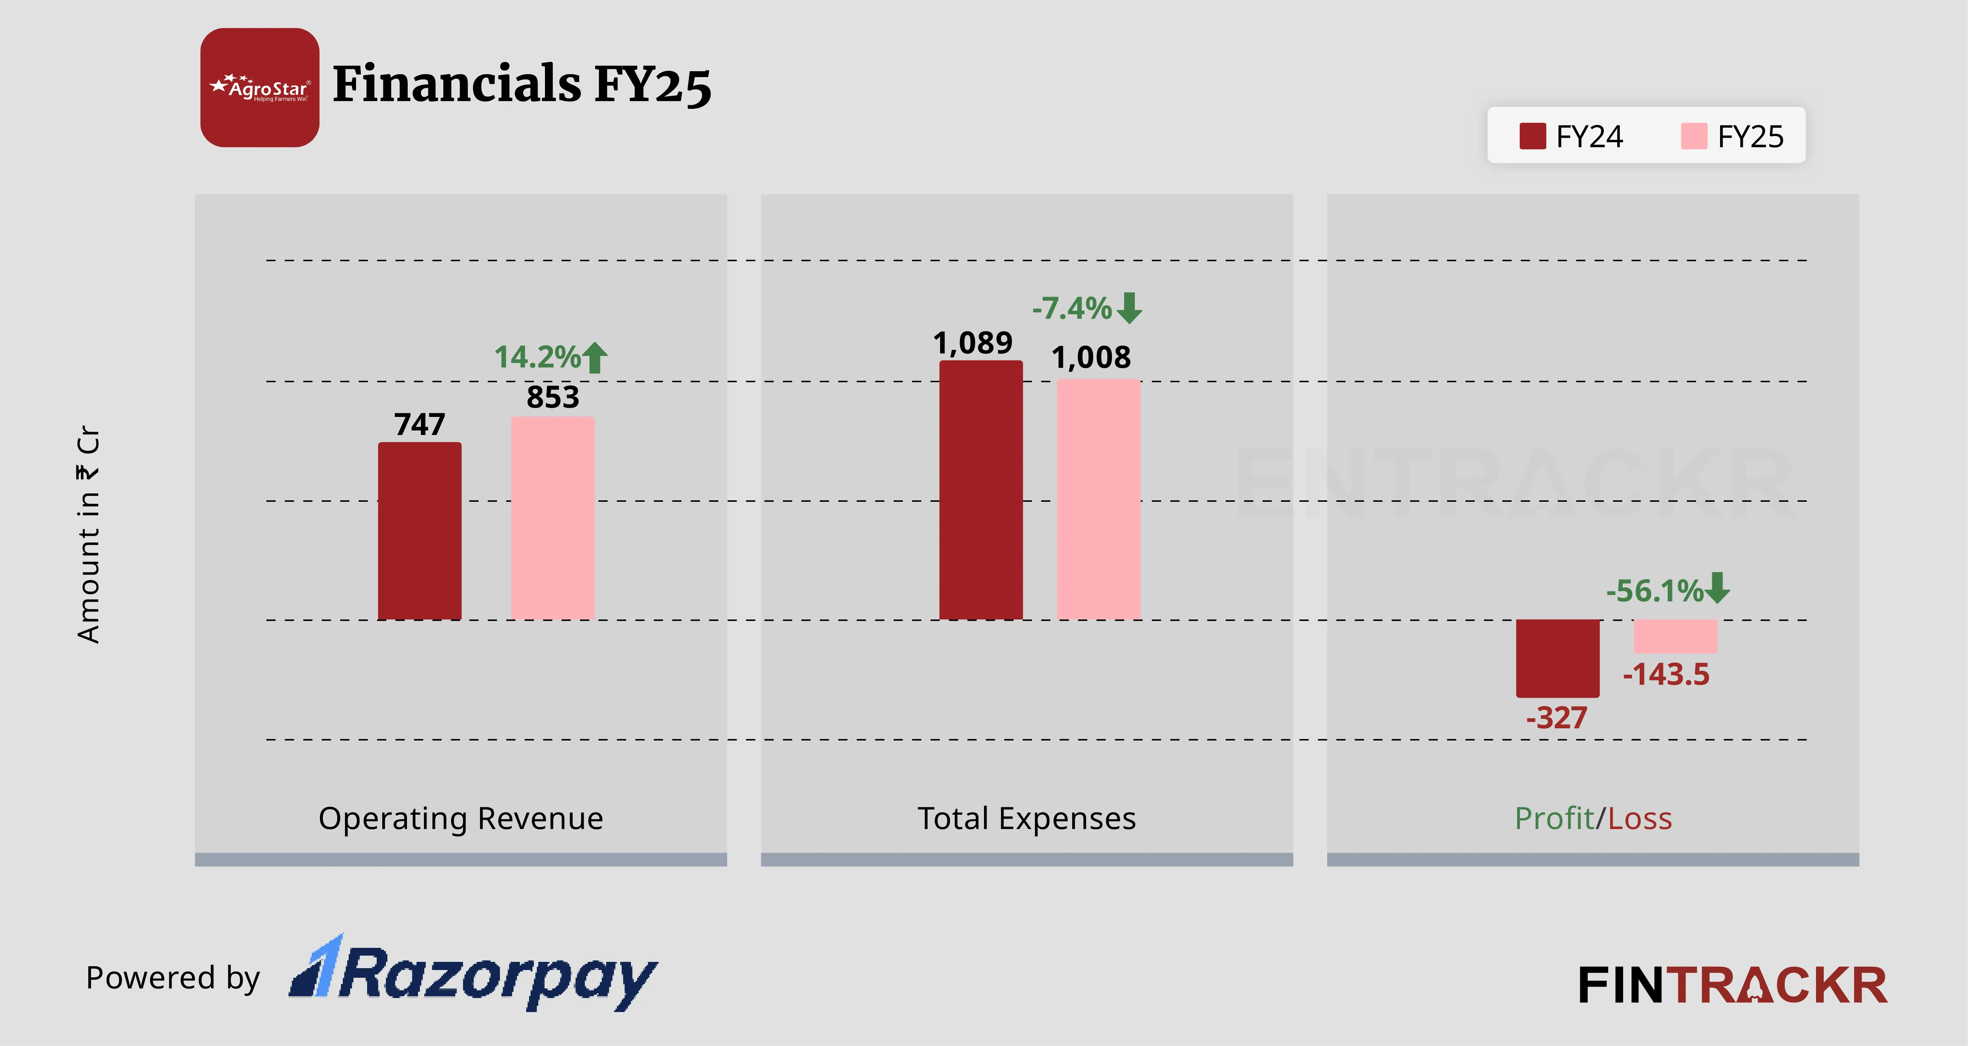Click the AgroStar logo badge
pyautogui.click(x=260, y=88)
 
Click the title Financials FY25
pyautogui.click(x=522, y=84)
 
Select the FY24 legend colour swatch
pyautogui.click(x=1533, y=136)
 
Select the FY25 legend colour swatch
pyautogui.click(x=1694, y=136)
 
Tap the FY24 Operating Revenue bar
pyautogui.click(x=420, y=531)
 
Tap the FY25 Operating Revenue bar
pyautogui.click(x=552, y=518)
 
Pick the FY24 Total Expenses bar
pyautogui.click(x=981, y=490)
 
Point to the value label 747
pyautogui.click(x=420, y=424)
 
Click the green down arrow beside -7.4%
pyautogui.click(x=1129, y=308)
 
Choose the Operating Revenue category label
pyautogui.click(x=461, y=818)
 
